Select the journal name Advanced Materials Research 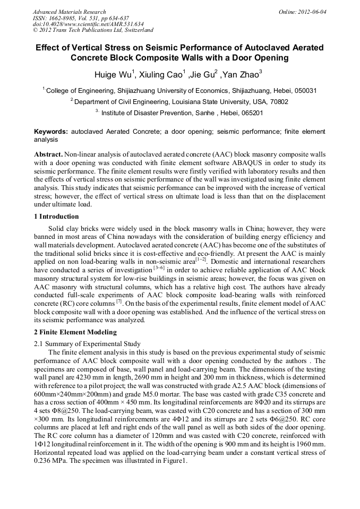[x=69, y=11]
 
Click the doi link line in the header [x=88, y=24]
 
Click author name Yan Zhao [x=241, y=74]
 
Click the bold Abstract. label [x=48, y=153]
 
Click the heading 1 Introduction [x=56, y=217]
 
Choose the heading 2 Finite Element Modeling [x=75, y=332]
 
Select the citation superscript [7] [x=118, y=301]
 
